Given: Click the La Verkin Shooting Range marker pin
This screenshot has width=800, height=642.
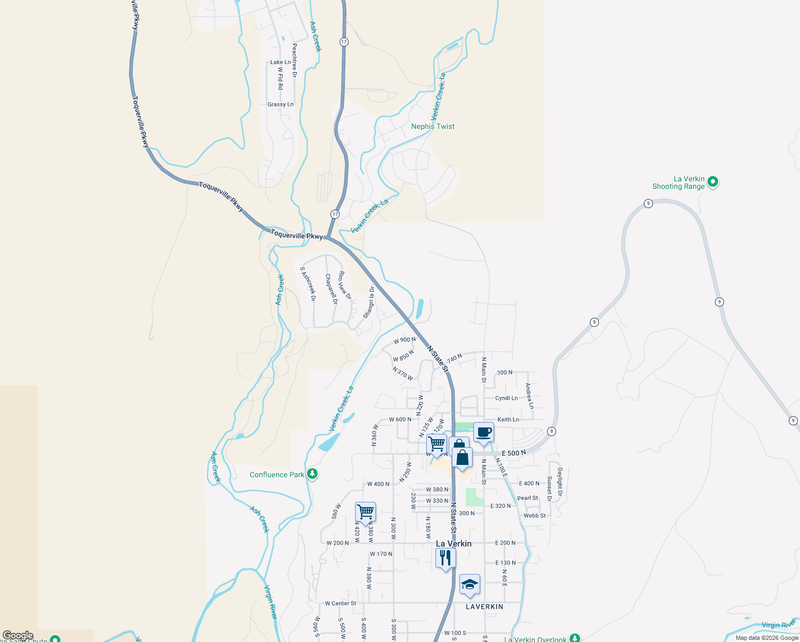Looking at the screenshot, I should coord(712,182).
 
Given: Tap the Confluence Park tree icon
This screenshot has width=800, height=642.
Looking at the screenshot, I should coord(313,474).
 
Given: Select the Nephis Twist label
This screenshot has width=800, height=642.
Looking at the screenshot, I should coord(433,126).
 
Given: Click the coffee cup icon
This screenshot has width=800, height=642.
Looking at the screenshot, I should coord(483,432).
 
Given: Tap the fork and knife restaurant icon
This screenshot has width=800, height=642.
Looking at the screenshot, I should coord(445,558).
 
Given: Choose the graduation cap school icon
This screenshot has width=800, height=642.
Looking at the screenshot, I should coord(470,584).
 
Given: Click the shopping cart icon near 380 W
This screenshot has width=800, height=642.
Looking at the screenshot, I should coord(366,512).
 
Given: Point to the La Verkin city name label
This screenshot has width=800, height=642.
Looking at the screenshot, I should coord(453,544).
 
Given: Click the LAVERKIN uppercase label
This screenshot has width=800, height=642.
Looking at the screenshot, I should coord(484,607).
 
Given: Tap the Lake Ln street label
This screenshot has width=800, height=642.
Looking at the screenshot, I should coord(280,62).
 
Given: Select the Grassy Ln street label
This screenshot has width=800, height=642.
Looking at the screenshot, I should coord(280,104).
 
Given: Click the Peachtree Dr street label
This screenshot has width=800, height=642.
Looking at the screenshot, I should coord(294,60).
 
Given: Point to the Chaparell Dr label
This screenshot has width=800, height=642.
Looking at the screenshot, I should coord(332,289).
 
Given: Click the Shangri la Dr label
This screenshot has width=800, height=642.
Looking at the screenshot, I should coord(369,302).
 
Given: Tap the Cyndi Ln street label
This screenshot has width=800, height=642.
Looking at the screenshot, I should coord(506,398).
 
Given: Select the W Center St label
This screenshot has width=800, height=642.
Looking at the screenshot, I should coord(341,603).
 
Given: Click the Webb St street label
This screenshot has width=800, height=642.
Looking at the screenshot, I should coord(535,516).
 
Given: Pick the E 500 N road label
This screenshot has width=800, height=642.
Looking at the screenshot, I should coord(513,453).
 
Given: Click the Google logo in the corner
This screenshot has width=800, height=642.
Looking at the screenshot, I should coord(18,636).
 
